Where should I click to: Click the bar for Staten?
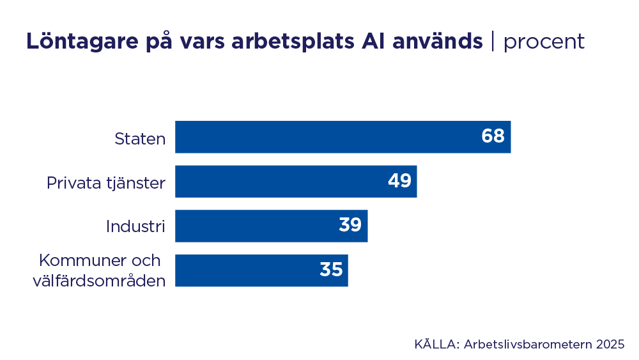point(343,137)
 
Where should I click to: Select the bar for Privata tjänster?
point(296,182)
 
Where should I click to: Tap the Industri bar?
point(271,226)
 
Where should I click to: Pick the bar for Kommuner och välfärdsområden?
point(261,270)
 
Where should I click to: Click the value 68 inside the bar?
point(493,136)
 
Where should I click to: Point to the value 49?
point(399,181)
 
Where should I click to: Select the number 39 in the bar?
point(350,225)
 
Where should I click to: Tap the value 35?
point(331,270)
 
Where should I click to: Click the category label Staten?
point(140,138)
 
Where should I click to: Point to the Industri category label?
point(135,226)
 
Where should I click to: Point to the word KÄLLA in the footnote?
point(436,344)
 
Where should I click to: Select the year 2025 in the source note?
point(610,344)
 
